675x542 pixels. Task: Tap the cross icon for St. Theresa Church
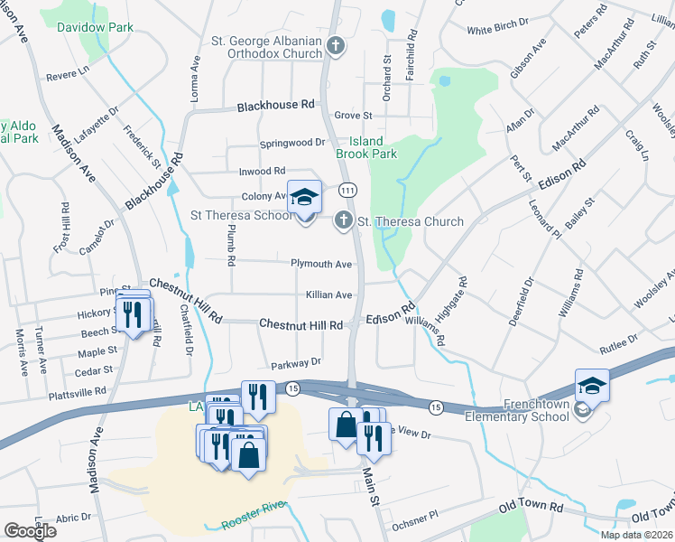[343, 220]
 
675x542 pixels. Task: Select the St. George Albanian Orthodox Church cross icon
[336, 44]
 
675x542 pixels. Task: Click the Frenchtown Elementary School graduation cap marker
[592, 386]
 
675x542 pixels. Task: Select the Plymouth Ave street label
[320, 264]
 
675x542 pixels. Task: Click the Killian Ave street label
[328, 295]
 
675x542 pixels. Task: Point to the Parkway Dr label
[296, 363]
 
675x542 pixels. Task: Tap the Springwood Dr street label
[292, 143]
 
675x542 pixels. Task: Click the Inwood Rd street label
[262, 171]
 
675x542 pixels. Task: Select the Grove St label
[353, 116]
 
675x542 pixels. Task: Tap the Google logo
[30, 530]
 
